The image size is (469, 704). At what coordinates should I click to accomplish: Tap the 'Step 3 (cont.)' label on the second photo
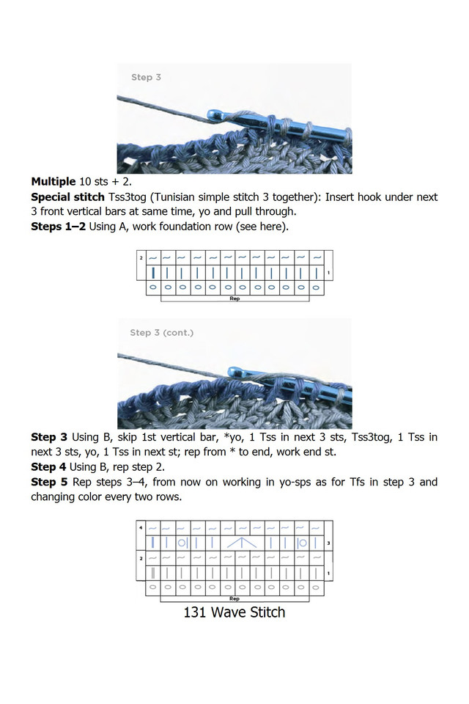[x=162, y=332]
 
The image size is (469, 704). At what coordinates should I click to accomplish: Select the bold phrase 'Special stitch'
[x=67, y=197]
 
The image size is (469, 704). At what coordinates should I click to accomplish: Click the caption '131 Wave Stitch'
[x=234, y=612]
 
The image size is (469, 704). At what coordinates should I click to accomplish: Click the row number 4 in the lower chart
[x=141, y=527]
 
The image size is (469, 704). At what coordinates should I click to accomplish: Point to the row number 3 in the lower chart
[x=328, y=543]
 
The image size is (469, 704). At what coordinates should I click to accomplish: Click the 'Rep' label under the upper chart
[x=234, y=299]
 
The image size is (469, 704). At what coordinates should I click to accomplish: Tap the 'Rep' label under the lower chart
[x=234, y=598]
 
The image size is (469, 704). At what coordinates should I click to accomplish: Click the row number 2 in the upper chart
[x=141, y=258]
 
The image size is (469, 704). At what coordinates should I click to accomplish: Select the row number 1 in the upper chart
[x=328, y=274]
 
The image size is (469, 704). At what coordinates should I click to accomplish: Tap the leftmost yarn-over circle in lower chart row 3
[x=180, y=543]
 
